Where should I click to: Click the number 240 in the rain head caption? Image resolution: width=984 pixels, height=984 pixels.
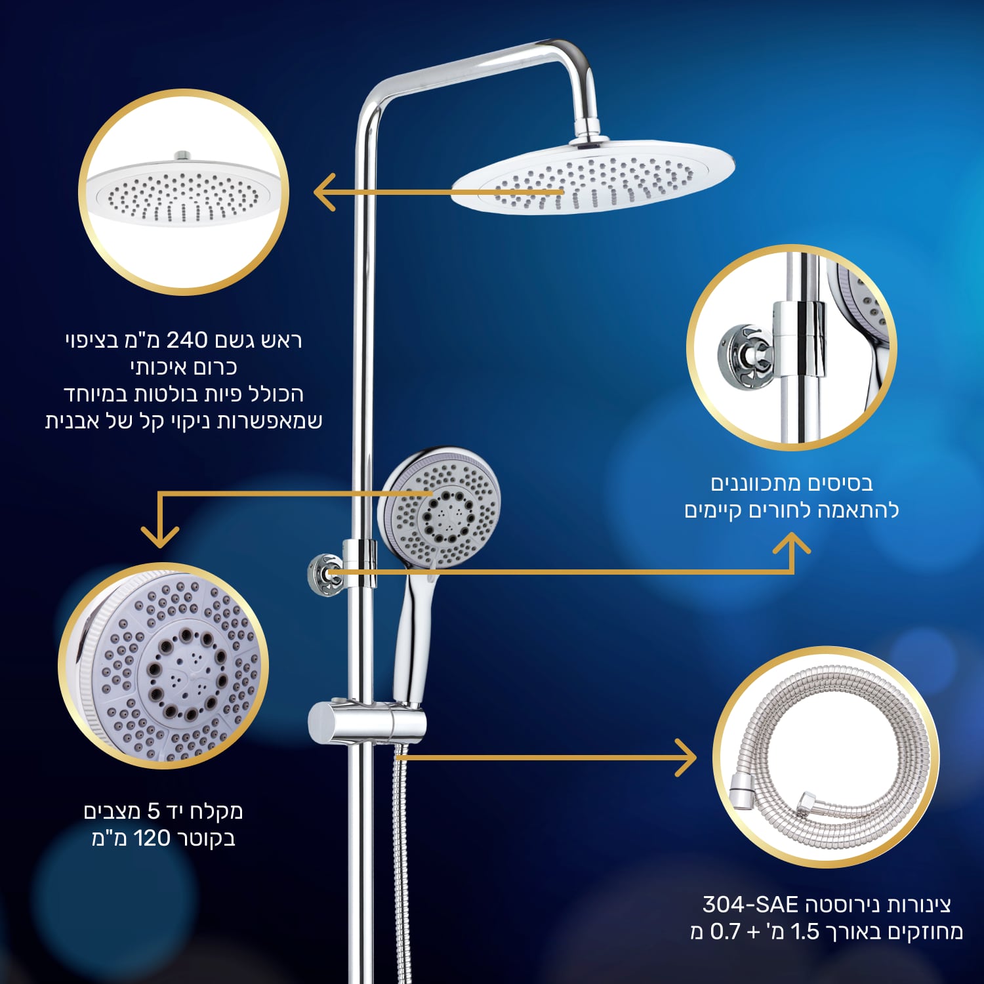click(x=187, y=340)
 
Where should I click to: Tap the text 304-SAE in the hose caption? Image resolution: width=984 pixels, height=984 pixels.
click(x=750, y=905)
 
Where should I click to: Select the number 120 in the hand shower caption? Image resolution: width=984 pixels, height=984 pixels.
click(x=152, y=838)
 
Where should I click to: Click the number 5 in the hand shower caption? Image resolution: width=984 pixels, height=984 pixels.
click(x=154, y=811)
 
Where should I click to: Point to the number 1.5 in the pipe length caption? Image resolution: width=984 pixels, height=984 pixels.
click(x=805, y=932)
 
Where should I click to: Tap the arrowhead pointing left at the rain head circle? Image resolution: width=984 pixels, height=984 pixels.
click(x=325, y=192)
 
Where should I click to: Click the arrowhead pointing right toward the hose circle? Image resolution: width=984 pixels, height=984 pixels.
click(x=686, y=758)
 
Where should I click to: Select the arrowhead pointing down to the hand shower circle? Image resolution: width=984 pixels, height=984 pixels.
click(x=160, y=537)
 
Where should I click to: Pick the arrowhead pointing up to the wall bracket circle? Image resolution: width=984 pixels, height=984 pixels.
click(x=792, y=543)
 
